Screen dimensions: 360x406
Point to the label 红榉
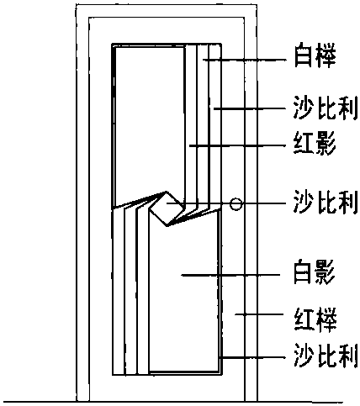coord(315,319)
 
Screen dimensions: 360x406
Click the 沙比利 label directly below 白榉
coord(326,108)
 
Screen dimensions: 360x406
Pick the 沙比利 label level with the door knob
coord(326,202)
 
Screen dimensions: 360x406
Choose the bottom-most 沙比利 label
coord(326,356)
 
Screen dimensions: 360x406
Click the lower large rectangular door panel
coord(184,292)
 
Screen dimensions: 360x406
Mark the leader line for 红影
coord(237,145)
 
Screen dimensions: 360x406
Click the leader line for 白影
coord(230,275)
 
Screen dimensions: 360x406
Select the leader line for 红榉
coord(259,314)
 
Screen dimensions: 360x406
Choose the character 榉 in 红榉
coord(326,319)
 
